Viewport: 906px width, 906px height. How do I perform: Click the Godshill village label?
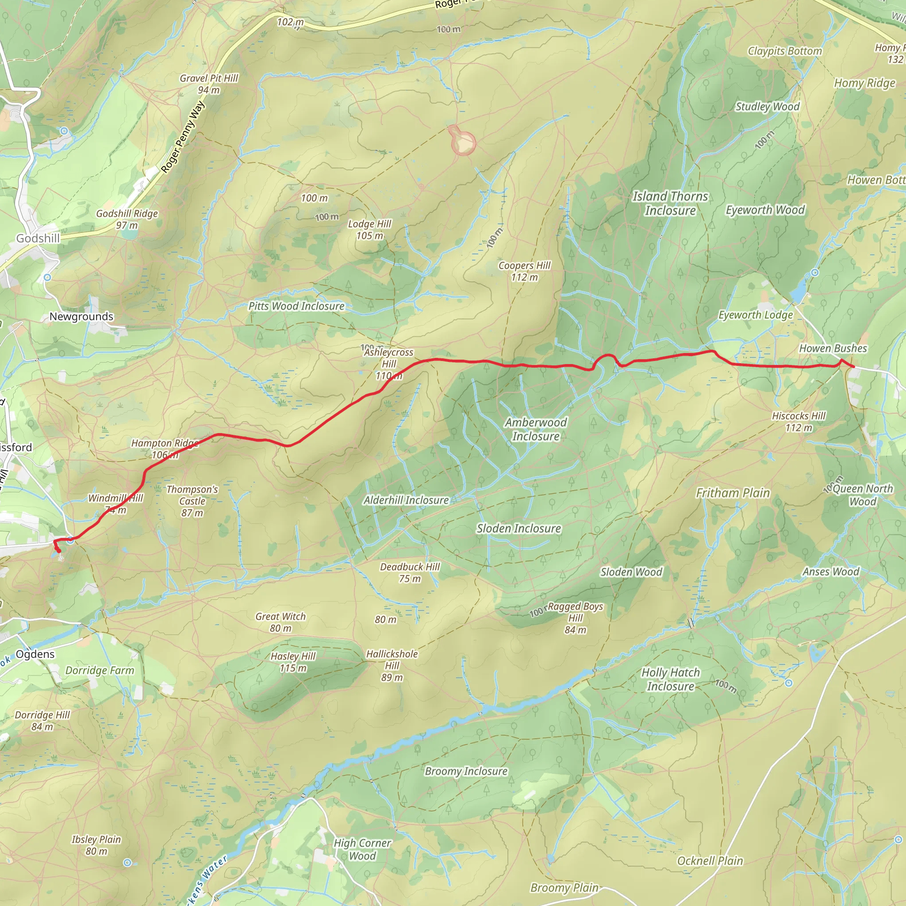tap(38, 238)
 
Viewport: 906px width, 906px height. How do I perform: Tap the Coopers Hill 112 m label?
tap(524, 271)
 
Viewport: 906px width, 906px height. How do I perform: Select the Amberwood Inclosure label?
tap(536, 429)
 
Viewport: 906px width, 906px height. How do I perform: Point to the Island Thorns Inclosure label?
tap(670, 203)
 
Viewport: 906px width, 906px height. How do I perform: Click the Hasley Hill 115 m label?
tap(293, 662)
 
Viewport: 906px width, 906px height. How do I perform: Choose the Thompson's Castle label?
tap(192, 501)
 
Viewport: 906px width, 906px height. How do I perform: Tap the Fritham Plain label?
tap(733, 493)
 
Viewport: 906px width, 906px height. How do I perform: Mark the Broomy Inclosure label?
tap(466, 771)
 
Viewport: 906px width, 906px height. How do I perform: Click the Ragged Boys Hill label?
tap(576, 618)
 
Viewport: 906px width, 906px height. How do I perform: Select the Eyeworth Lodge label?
tap(756, 315)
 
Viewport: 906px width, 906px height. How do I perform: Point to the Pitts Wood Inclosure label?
tap(296, 306)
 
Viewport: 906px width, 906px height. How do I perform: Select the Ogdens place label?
tap(35, 654)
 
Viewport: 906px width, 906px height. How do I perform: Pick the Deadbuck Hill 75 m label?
tap(409, 572)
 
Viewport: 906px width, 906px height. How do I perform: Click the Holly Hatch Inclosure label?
tap(670, 679)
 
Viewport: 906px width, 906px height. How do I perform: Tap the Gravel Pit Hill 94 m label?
tap(209, 84)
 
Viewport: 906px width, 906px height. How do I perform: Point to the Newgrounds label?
tap(81, 317)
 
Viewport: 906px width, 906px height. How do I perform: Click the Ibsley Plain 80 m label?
tap(96, 845)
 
